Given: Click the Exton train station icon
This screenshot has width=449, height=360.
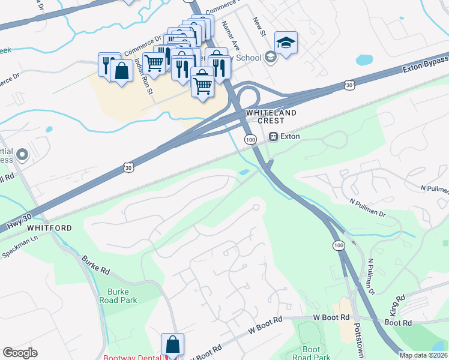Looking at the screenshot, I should pos(274,136).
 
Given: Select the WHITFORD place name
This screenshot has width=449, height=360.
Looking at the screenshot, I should pos(49,228).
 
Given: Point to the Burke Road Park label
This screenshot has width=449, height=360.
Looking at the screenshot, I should pos(118,296).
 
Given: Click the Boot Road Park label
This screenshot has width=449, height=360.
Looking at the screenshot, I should pos(312,353).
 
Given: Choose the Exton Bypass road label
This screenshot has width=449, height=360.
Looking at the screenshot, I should pos(425,64).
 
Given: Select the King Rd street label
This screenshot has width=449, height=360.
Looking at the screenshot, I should pos(394,305).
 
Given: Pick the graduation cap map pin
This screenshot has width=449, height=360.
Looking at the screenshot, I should pos(286,43).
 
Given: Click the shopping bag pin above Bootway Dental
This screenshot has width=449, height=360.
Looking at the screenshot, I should pos(172,344).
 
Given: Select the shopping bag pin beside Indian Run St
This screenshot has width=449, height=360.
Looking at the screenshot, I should pos(122,71).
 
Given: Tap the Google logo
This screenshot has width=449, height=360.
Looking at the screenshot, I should pos(20,353).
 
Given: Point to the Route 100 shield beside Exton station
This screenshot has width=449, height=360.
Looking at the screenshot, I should pos(250,139).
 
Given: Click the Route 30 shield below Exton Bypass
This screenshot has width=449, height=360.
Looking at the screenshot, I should pos(349,86).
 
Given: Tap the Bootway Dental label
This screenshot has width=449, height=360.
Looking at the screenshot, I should pos(133,358).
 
